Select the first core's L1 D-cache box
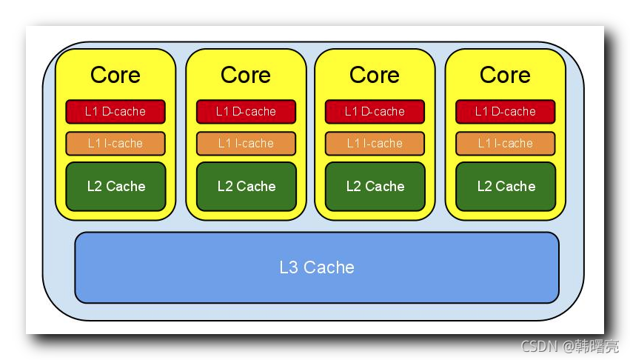click(115, 112)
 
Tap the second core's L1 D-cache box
click(246, 112)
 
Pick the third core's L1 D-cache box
click(375, 112)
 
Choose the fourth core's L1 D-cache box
click(505, 112)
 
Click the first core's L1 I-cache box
click(115, 143)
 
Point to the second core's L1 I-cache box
click(246, 143)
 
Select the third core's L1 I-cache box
click(375, 143)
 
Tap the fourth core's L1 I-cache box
click(505, 143)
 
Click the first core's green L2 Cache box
click(115, 187)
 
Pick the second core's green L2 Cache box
click(246, 187)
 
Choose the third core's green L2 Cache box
click(375, 187)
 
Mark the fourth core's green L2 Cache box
click(505, 187)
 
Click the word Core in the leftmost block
click(115, 75)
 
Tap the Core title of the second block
click(246, 75)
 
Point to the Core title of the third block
click(375, 75)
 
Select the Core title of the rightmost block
click(505, 75)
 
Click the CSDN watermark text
click(539, 346)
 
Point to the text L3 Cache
click(317, 267)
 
